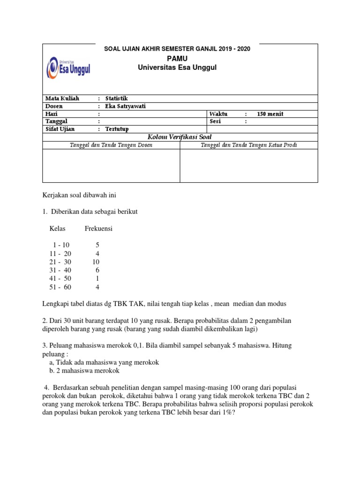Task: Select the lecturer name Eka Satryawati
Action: (125, 106)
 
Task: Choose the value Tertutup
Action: (117, 129)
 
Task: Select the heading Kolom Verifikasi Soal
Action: (180, 137)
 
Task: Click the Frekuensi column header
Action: (98, 229)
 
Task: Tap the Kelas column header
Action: (58, 229)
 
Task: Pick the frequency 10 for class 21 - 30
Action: (96, 262)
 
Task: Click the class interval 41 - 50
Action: (60, 278)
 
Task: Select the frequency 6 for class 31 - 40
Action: (97, 270)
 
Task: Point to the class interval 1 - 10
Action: (61, 245)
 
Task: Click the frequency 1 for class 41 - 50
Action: (97, 278)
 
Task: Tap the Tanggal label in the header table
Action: (57, 121)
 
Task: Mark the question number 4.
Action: (46, 387)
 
